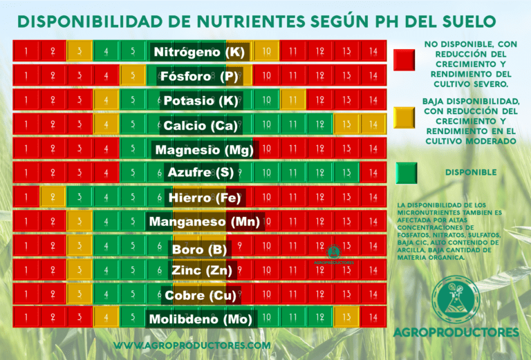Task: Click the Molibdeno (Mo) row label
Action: (201, 319)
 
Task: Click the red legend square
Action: (404, 59)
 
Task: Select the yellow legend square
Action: (404, 117)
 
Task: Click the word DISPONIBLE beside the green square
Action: (472, 173)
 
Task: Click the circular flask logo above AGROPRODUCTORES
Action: (456, 299)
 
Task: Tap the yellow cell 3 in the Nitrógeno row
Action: (80, 51)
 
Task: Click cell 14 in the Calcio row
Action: (373, 124)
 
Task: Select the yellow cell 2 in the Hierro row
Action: (53, 197)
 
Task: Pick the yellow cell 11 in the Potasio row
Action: (292, 100)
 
